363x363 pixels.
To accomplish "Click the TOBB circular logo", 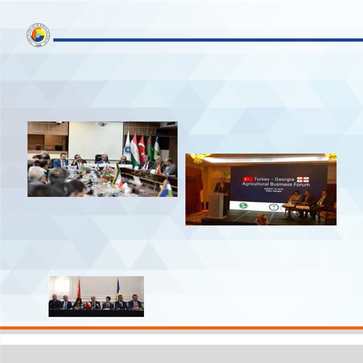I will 38,36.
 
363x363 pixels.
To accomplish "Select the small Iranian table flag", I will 117,176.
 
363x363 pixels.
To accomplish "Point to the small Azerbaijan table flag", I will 106,174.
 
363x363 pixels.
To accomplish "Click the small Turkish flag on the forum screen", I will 248,178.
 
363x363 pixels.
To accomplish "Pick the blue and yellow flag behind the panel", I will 118,290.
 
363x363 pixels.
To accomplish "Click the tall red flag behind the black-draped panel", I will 79,289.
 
